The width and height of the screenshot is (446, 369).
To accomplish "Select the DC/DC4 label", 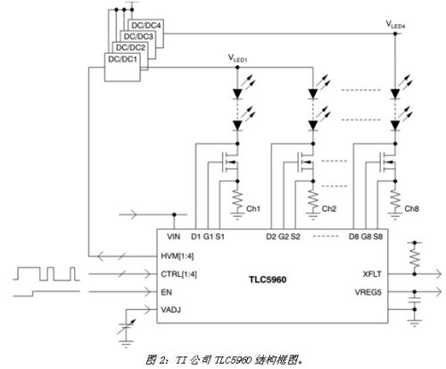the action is click(x=145, y=26).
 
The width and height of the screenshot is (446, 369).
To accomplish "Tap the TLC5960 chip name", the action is click(x=268, y=280).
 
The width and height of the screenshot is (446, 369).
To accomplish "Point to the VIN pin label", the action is click(x=173, y=237).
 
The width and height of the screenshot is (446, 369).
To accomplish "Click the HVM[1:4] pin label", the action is click(x=178, y=256).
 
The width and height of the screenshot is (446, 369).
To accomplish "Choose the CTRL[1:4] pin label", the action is click(x=178, y=274).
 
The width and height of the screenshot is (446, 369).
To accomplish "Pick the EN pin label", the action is click(x=166, y=292).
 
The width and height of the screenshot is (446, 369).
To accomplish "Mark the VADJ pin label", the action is click(x=170, y=310).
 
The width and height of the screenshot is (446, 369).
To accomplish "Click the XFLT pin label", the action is click(x=372, y=274).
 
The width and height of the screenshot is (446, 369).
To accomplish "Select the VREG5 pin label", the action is click(x=368, y=292).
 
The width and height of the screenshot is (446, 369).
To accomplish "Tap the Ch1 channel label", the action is click(x=253, y=209).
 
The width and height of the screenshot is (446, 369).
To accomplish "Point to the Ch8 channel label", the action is click(x=411, y=209).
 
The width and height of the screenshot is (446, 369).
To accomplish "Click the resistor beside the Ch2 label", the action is click(x=313, y=200).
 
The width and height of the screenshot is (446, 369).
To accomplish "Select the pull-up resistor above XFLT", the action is click(x=415, y=257).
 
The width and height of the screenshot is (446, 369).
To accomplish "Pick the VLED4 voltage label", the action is click(x=395, y=24).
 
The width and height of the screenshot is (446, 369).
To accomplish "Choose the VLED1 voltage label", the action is click(x=237, y=58).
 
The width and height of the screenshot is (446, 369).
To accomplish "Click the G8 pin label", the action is click(x=366, y=237).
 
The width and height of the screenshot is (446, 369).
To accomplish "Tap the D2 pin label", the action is click(x=271, y=237).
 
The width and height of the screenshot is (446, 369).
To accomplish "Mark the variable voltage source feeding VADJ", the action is click(x=127, y=328).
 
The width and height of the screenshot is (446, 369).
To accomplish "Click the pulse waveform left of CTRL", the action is click(x=46, y=273).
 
